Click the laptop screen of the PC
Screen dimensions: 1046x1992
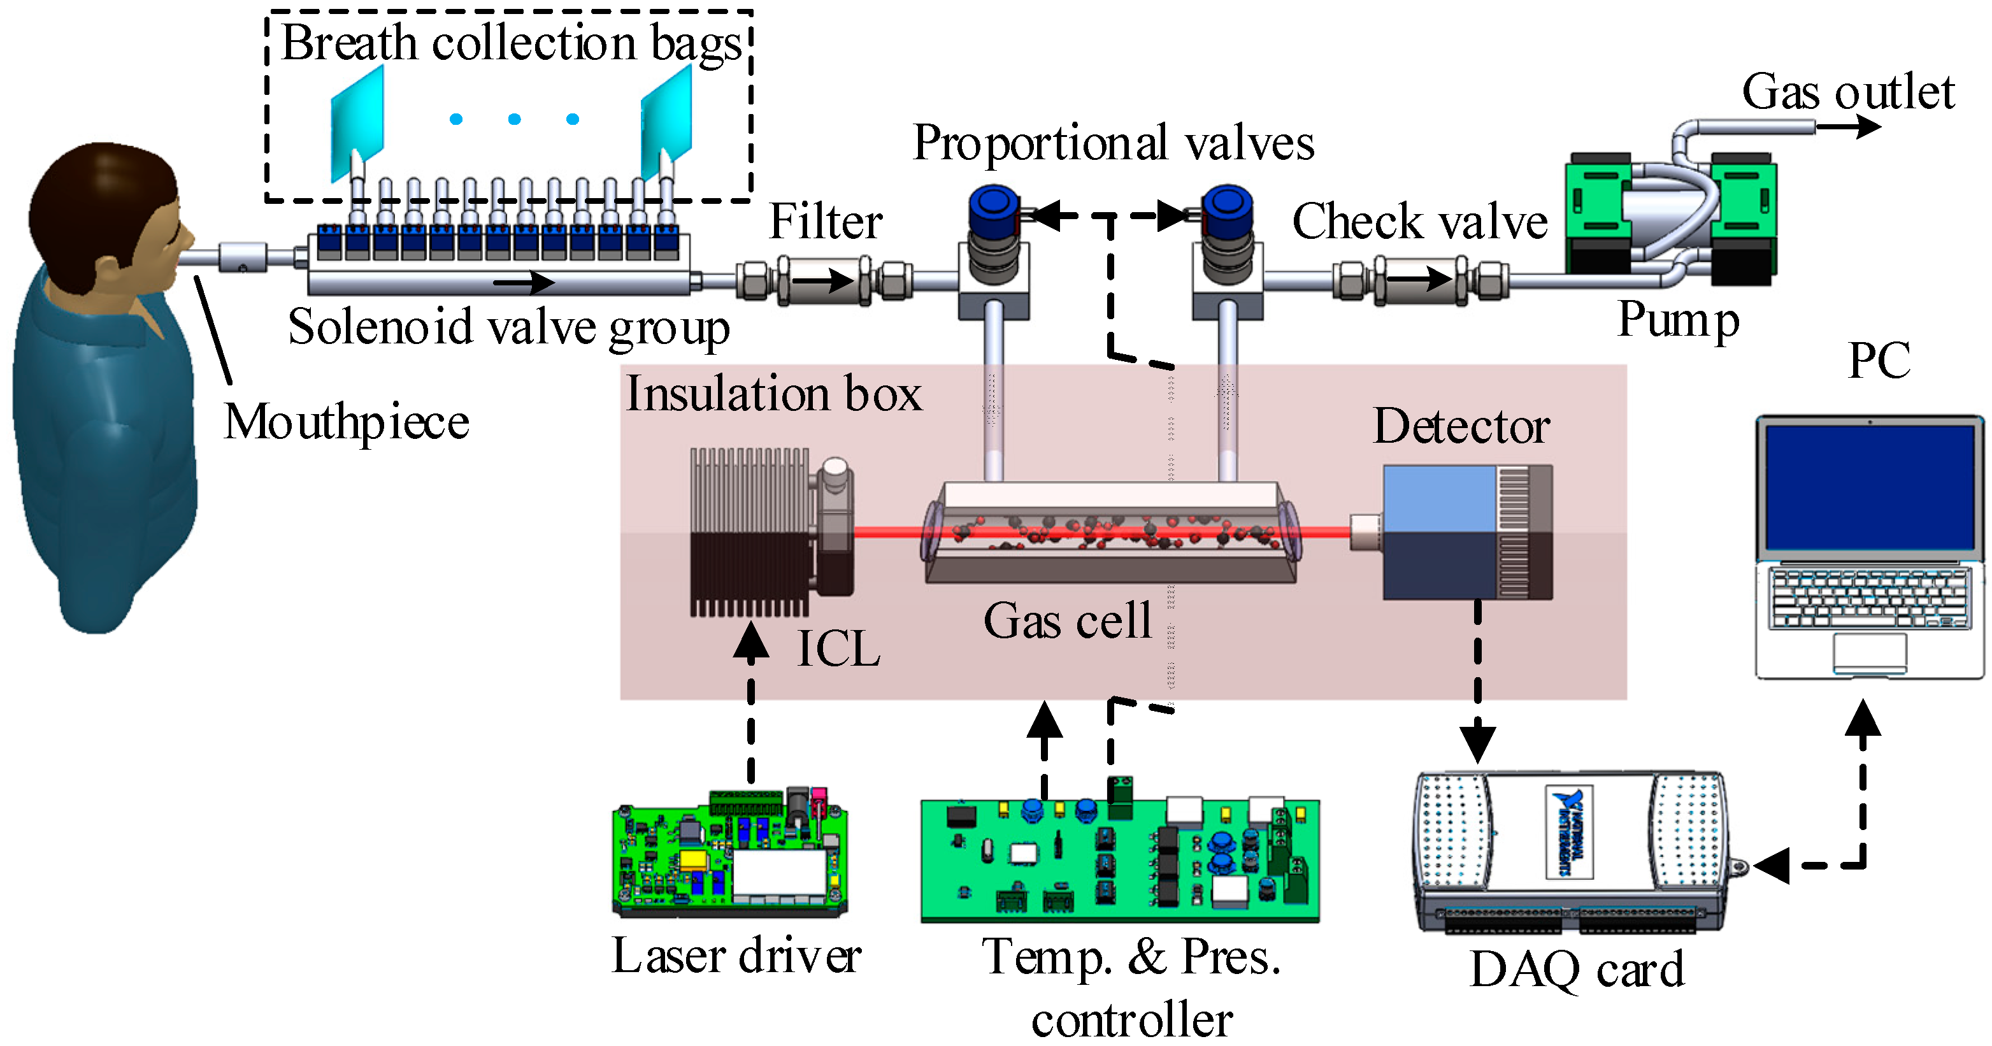coord(1870,487)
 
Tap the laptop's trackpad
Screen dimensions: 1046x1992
coord(1869,652)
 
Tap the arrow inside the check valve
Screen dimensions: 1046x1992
coord(1421,279)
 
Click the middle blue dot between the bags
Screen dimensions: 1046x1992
coord(514,119)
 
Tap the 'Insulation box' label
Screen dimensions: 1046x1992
coord(773,394)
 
